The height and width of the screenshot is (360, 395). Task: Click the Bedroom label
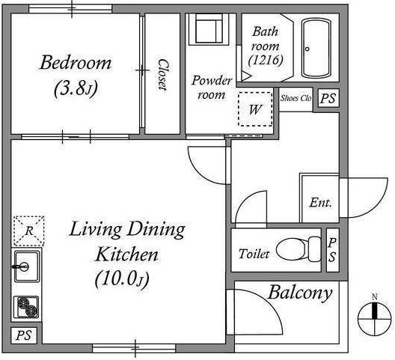[76, 63]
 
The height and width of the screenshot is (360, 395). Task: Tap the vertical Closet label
[162, 75]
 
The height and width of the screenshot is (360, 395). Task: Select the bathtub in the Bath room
[316, 48]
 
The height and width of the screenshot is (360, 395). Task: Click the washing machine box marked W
[255, 109]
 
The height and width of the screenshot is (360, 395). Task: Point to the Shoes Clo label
[296, 98]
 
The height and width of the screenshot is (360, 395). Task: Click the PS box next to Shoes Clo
[328, 98]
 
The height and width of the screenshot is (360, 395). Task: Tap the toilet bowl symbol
[298, 249]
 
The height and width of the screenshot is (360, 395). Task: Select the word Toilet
[254, 254]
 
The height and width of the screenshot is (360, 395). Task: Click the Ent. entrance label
[320, 202]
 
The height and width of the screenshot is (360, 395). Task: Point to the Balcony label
[300, 293]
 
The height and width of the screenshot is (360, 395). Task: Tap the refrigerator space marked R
[29, 231]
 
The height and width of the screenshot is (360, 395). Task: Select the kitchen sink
[26, 266]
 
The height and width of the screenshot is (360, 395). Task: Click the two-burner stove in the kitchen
[26, 307]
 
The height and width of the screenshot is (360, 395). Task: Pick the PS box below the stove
[24, 335]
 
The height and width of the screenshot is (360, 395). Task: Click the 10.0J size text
[122, 279]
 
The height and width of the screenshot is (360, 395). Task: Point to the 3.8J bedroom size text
[76, 88]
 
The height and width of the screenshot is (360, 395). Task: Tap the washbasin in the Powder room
[209, 29]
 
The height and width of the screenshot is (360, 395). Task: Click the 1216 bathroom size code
[266, 61]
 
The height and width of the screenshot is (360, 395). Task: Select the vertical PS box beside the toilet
[332, 250]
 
